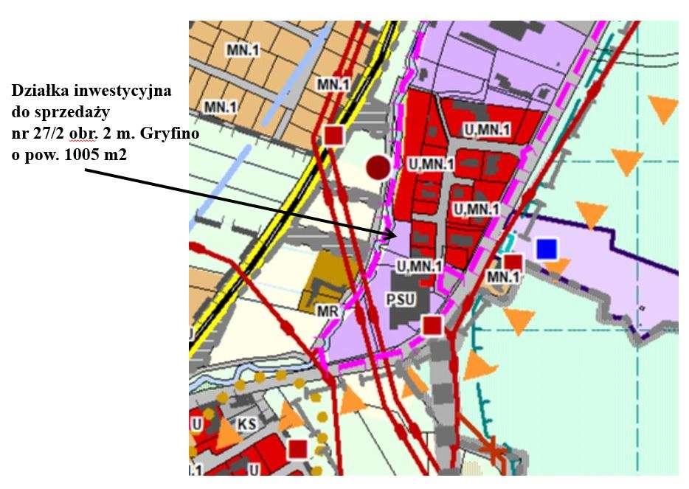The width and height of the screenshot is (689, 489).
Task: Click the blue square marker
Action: tap(546, 249)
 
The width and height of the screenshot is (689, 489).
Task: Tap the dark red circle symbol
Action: tap(378, 167)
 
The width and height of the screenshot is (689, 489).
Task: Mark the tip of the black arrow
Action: tap(398, 235)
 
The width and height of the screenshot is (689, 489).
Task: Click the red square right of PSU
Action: tap(432, 325)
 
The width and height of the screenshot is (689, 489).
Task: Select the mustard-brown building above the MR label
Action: tap(322, 280)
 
